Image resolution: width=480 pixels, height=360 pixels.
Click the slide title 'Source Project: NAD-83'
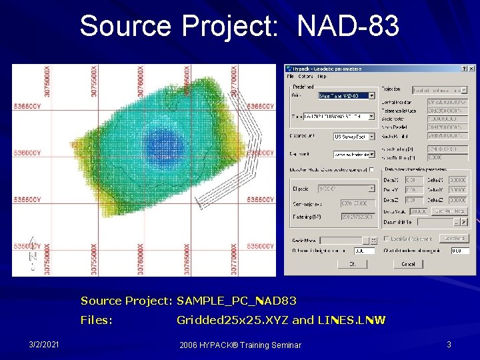point(239,27)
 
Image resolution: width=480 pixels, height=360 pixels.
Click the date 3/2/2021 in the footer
point(44,345)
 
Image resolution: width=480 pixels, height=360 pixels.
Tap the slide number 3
point(449,345)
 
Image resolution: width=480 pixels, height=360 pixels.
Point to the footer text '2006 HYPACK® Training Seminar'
point(240,345)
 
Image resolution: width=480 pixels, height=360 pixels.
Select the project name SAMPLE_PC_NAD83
point(237,301)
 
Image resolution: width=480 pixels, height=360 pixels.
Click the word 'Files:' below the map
point(97,320)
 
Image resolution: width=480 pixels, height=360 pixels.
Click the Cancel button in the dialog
point(408,264)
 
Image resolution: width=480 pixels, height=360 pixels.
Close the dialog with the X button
point(471,68)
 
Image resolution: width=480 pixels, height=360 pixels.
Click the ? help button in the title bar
point(463,68)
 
